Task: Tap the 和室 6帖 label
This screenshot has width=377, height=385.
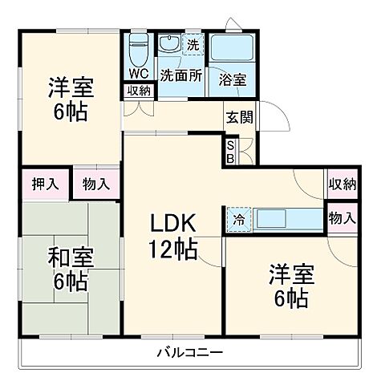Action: (x=71, y=269)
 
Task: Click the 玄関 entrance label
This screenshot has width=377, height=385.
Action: (x=239, y=117)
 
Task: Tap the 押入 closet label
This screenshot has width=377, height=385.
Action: (x=45, y=184)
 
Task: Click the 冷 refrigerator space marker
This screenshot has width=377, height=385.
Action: (x=239, y=218)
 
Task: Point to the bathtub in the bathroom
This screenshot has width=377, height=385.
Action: (x=231, y=47)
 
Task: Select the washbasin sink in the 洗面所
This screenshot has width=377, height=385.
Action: (x=169, y=46)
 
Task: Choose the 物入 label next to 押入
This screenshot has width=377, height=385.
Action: (x=96, y=184)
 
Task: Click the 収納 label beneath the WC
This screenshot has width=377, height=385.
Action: (x=138, y=90)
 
